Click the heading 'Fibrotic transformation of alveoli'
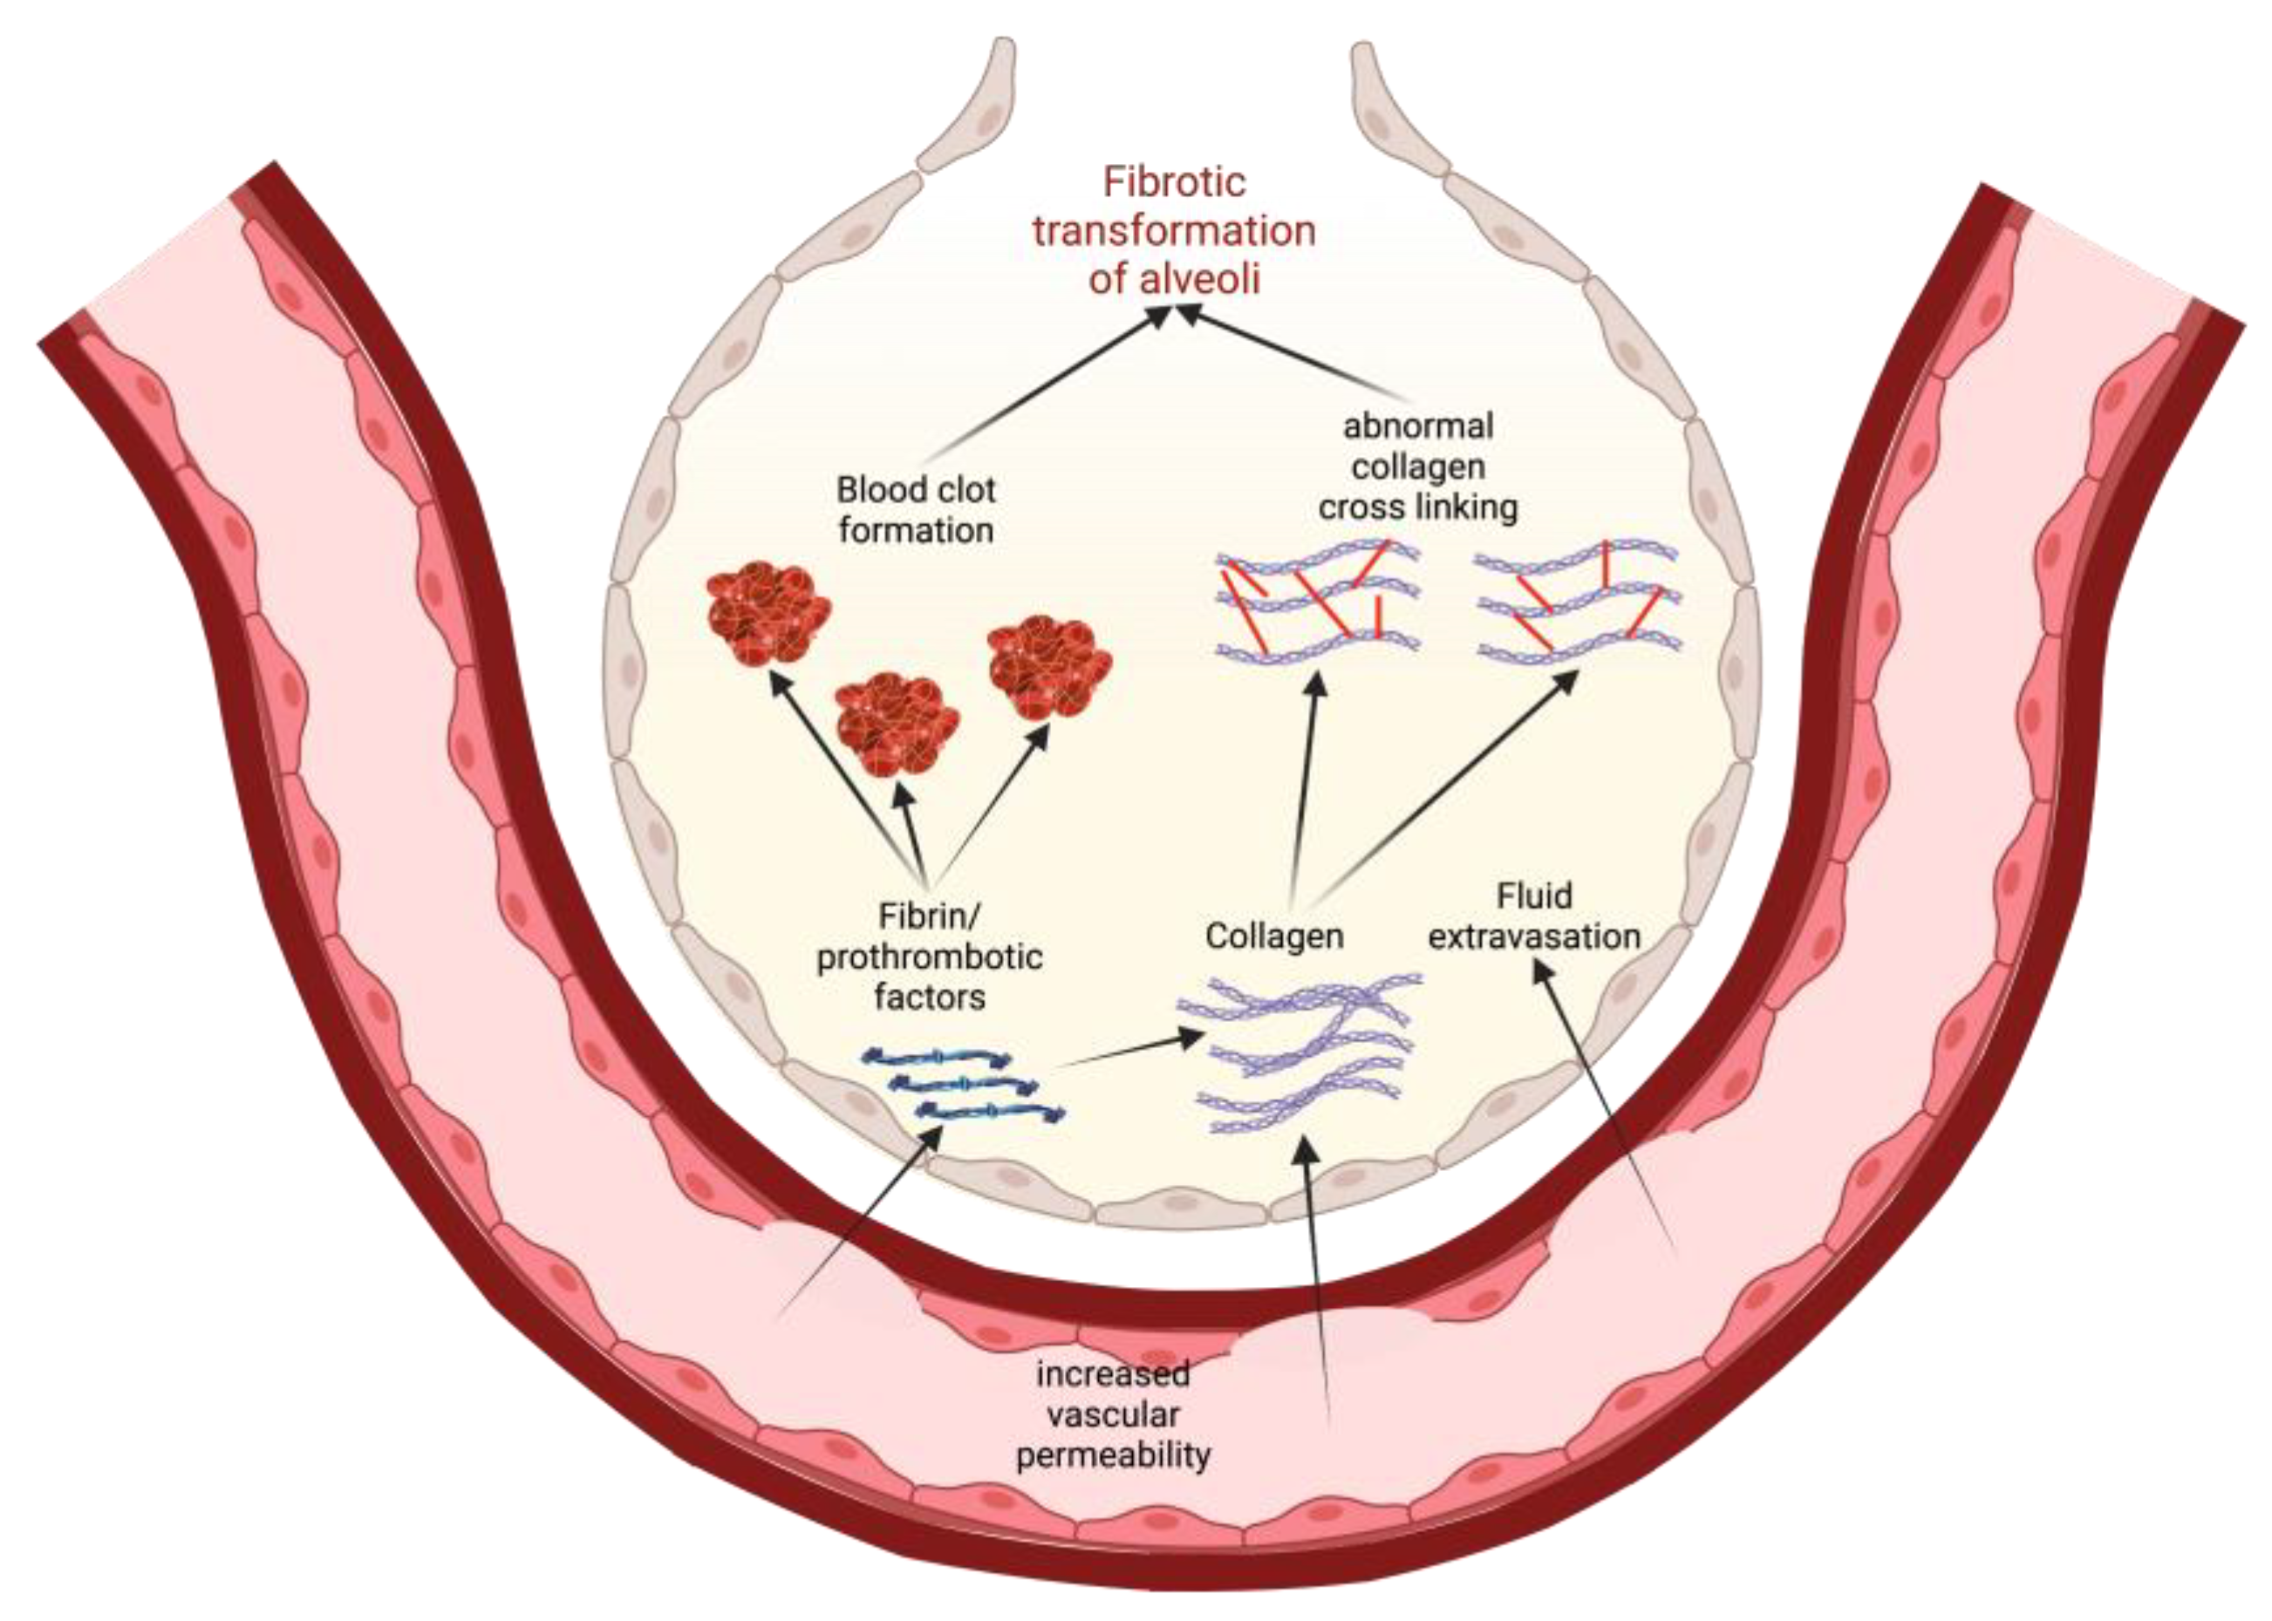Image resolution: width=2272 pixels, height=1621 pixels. [x=1174, y=230]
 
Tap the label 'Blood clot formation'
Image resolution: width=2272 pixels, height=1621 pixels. [x=916, y=510]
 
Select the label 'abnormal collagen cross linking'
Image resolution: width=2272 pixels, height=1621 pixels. [x=1417, y=467]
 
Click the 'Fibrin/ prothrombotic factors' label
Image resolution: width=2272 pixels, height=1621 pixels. [x=930, y=957]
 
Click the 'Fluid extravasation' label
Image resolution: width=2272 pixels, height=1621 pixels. [x=1534, y=916]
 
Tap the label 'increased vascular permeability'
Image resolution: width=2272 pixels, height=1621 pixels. [x=1113, y=1414]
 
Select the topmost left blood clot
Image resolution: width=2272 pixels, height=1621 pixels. [x=768, y=613]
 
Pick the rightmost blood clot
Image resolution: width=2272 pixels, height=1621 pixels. [x=1049, y=667]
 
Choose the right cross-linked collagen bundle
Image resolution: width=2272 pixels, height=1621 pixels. [x=1577, y=602]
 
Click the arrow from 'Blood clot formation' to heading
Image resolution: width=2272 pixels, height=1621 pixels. [x=1048, y=385]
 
